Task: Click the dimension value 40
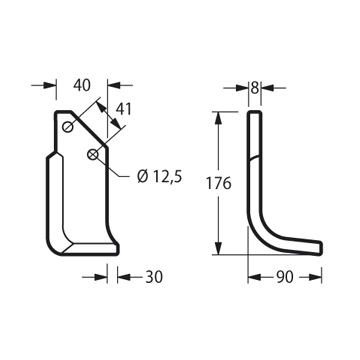(x=82, y=85)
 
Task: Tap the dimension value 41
(x=124, y=109)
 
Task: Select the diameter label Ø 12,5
(x=159, y=176)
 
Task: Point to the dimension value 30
(x=154, y=277)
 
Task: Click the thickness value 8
(x=255, y=88)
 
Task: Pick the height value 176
(x=218, y=183)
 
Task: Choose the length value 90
(x=285, y=277)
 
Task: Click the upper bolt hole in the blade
(x=68, y=127)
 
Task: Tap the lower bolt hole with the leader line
(x=93, y=154)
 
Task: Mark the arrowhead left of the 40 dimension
(x=50, y=85)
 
